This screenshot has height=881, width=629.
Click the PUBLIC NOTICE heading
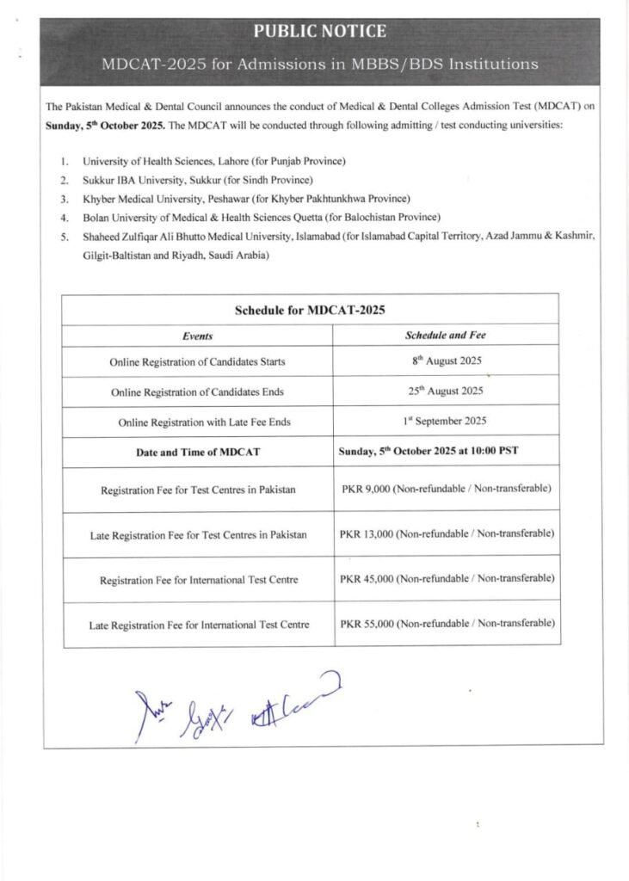click(319, 32)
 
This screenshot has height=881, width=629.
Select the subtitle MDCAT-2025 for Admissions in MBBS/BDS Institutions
click(319, 65)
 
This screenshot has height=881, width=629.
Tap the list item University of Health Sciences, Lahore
click(214, 161)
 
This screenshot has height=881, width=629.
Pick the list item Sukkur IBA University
click(197, 180)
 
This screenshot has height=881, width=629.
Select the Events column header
click(197, 336)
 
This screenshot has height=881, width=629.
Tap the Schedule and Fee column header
click(446, 335)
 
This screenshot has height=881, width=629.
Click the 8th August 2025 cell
click(446, 361)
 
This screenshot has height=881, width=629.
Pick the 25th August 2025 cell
click(446, 391)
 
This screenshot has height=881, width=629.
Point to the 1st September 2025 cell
click(446, 421)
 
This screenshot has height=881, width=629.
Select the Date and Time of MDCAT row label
click(197, 452)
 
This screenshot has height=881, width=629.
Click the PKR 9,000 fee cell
click(446, 489)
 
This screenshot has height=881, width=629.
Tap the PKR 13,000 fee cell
click(446, 534)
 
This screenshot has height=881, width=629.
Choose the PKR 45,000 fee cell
click(446, 579)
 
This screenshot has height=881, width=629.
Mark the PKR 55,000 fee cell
click(446, 624)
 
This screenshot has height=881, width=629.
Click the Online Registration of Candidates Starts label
click(197, 362)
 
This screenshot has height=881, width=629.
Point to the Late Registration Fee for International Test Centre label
click(199, 625)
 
